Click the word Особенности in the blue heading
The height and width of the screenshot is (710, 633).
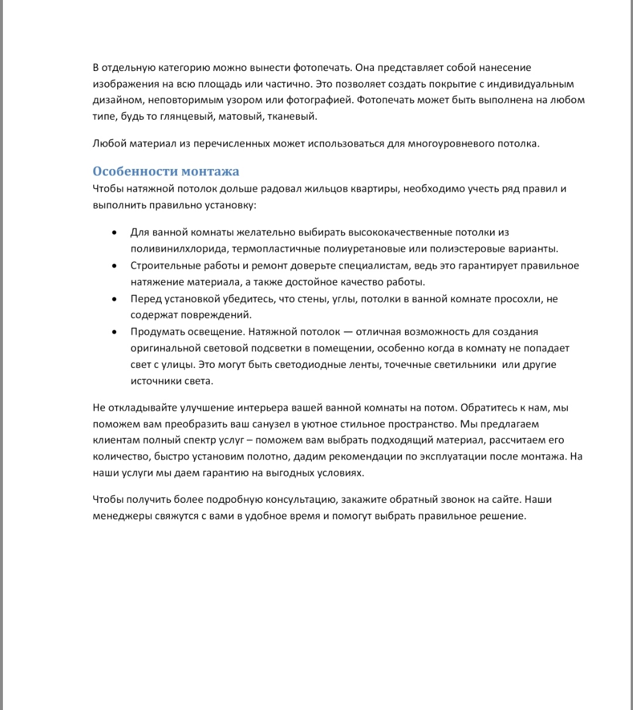[x=135, y=171]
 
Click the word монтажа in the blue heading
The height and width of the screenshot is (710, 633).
[x=210, y=171]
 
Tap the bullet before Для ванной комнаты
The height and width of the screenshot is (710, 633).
[x=114, y=233]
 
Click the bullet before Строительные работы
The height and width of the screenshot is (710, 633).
[x=114, y=266]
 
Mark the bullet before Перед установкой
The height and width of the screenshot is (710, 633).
[x=114, y=299]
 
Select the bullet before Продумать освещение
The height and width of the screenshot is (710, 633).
[x=114, y=332]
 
